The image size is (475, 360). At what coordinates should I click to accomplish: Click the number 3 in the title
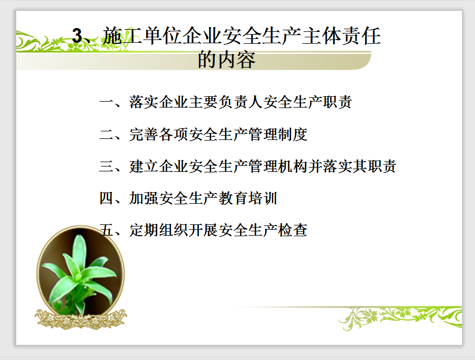[x=77, y=36]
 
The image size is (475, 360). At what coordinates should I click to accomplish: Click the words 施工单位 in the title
[x=142, y=36]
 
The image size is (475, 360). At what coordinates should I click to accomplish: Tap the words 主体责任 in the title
[x=341, y=36]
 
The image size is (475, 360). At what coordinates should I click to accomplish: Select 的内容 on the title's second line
[x=227, y=59]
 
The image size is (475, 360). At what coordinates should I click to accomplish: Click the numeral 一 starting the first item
[x=107, y=102]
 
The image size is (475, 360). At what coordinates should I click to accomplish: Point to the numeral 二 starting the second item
[x=107, y=134]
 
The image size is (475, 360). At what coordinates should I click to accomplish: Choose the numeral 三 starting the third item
[x=107, y=166]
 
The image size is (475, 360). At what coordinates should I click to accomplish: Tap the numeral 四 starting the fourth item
[x=107, y=198]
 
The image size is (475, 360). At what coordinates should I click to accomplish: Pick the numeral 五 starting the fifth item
[x=107, y=230]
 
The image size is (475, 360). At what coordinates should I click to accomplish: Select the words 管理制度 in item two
[x=278, y=135]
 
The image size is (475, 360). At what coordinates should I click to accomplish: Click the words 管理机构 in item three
[x=278, y=166]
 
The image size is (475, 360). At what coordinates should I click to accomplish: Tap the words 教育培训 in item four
[x=248, y=198]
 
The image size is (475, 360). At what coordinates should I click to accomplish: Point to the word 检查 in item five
[x=293, y=230]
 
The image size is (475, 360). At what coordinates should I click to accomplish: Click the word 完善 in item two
[x=144, y=135]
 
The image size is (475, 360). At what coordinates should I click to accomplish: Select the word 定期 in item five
[x=144, y=230]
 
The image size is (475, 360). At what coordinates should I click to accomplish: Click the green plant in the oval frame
[x=80, y=274]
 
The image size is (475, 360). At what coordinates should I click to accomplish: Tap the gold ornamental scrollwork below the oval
[x=81, y=319]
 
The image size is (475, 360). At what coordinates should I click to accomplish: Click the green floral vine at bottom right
[x=400, y=318]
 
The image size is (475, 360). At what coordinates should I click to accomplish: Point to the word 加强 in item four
[x=144, y=198]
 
